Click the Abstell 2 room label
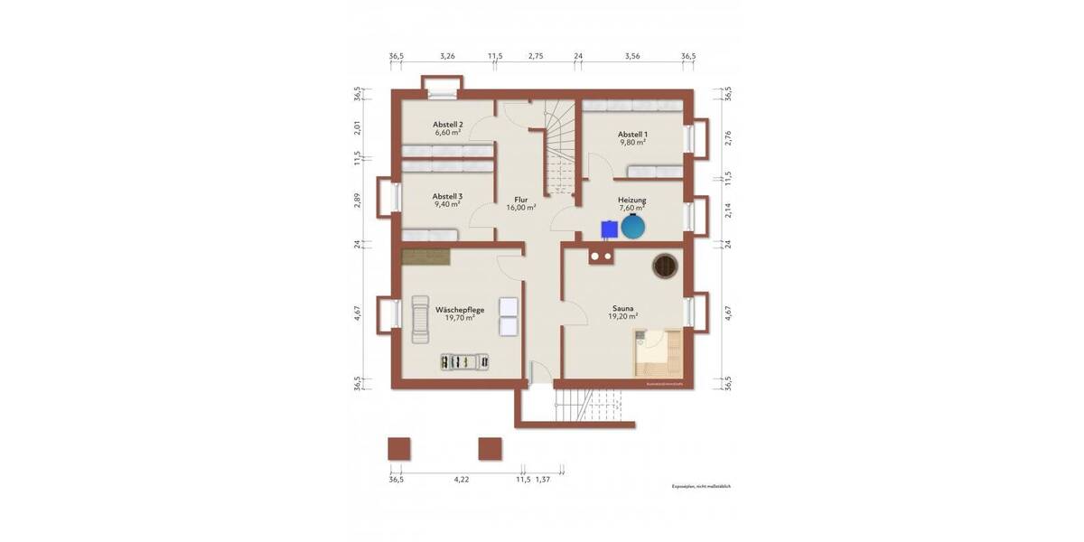pyautogui.click(x=448, y=125)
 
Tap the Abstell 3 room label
pyautogui.click(x=448, y=196)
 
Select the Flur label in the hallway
pyautogui.click(x=521, y=199)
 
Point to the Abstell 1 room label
pyautogui.click(x=632, y=134)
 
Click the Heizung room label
pyautogui.click(x=632, y=200)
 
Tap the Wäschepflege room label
pyautogui.click(x=460, y=309)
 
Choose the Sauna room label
pyautogui.click(x=623, y=309)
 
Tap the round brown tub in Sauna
pyautogui.click(x=666, y=266)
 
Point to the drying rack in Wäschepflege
pyautogui.click(x=463, y=361)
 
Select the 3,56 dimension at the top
pyautogui.click(x=632, y=56)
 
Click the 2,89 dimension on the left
pyautogui.click(x=358, y=201)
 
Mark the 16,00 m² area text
pyautogui.click(x=521, y=207)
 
